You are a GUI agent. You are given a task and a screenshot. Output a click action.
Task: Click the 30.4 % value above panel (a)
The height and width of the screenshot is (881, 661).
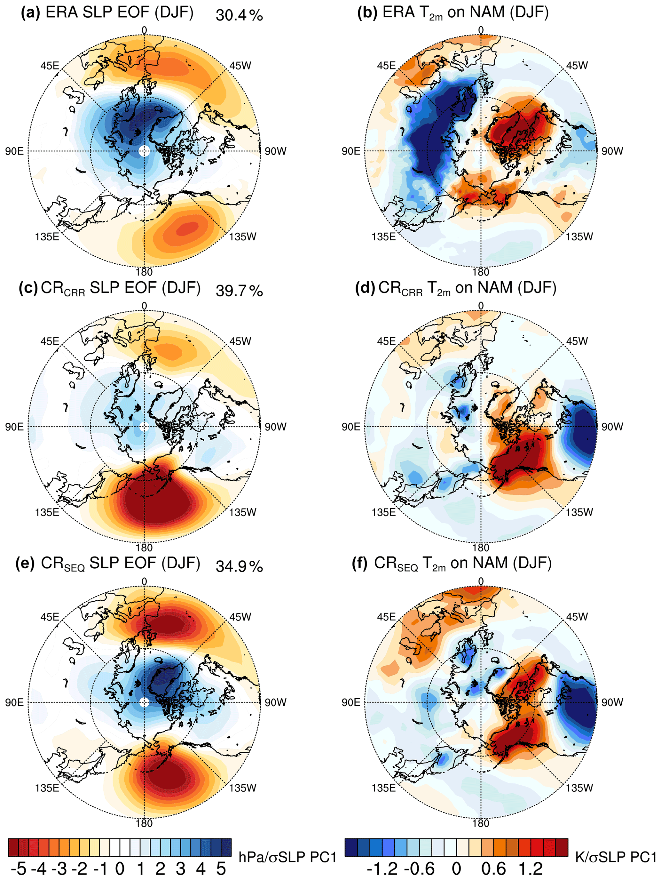[239, 15]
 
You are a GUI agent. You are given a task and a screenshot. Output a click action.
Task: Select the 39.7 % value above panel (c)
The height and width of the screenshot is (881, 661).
[239, 291]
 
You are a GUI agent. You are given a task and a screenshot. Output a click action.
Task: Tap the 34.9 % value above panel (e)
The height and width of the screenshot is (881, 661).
[239, 566]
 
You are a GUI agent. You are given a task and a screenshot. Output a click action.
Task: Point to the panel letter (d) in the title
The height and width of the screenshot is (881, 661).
[365, 288]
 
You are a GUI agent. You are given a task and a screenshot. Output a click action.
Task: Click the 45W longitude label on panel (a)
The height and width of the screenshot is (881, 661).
[240, 66]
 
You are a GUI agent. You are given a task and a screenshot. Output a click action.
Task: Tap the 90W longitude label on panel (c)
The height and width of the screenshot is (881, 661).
[275, 427]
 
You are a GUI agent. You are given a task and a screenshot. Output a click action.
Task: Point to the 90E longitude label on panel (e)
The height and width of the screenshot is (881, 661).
[14, 702]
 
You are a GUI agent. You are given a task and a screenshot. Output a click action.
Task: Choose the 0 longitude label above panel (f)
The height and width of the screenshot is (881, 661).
[481, 582]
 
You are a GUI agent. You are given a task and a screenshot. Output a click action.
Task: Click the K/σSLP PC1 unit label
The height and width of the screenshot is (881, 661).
[616, 857]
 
